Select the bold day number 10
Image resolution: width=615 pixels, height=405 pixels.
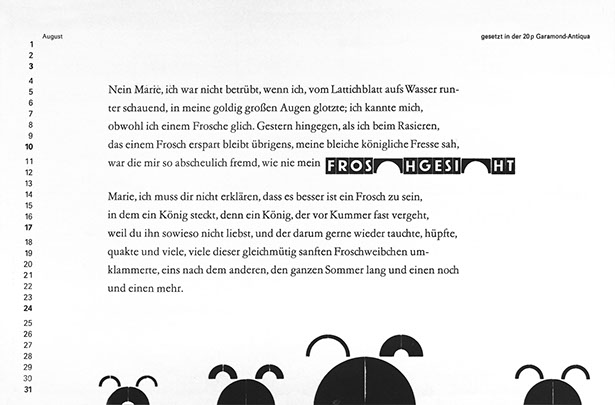[30, 146]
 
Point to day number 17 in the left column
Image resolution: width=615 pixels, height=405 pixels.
[30, 227]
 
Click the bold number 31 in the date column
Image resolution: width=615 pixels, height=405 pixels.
[30, 389]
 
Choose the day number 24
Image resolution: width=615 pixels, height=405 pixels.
[30, 308]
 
